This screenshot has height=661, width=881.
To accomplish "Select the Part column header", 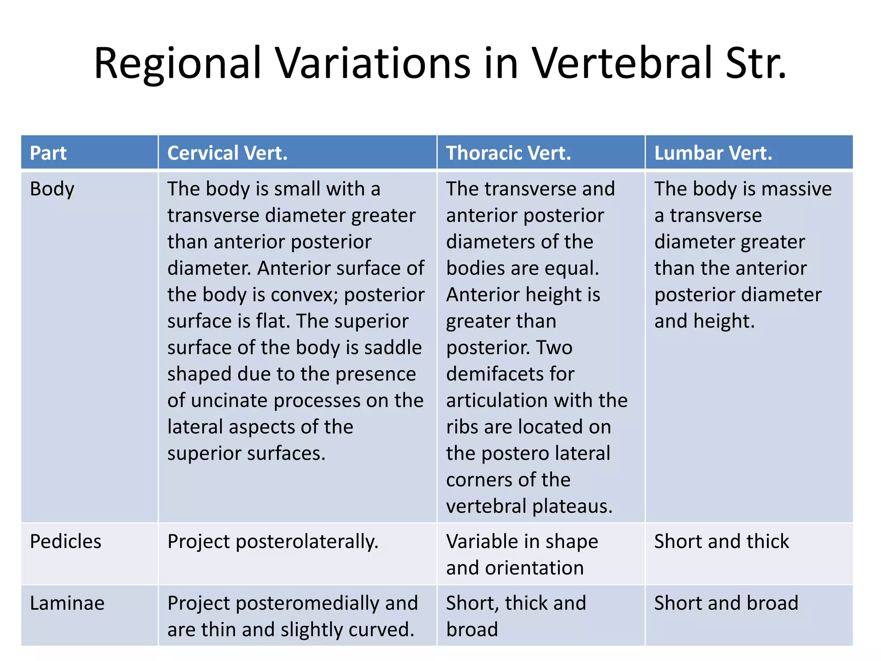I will tap(48, 153).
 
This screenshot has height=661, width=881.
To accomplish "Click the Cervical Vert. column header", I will tap(227, 153).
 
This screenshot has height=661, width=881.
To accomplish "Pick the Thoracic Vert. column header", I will tap(508, 153).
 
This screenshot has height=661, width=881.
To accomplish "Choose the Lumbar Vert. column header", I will tap(713, 153).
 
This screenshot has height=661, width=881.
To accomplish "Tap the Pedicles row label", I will tap(65, 541).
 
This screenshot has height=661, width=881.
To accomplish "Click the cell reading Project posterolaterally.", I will tap(273, 541).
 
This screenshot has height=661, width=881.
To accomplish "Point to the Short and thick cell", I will tap(721, 541).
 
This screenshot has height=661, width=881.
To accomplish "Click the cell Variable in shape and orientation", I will tap(521, 554).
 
